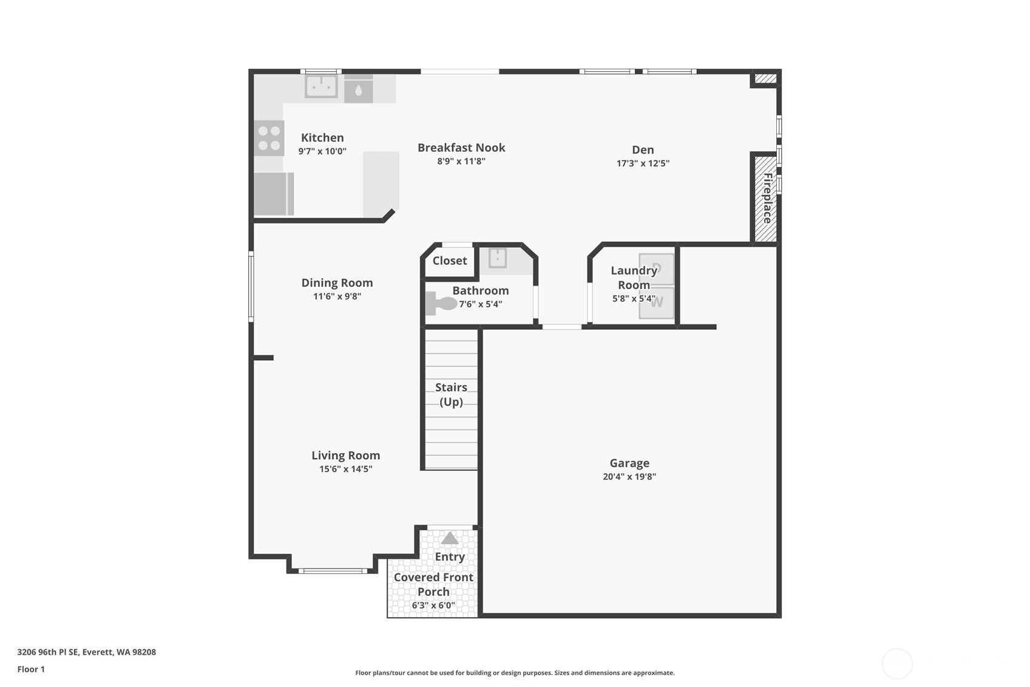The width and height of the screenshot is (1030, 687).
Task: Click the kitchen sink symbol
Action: (x=321, y=86)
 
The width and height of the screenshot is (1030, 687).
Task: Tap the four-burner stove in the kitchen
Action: (x=269, y=138)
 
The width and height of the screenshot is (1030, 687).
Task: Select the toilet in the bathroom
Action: (x=441, y=303)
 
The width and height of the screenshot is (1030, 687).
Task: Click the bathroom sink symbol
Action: (x=498, y=258)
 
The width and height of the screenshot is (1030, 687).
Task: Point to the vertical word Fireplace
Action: (x=767, y=198)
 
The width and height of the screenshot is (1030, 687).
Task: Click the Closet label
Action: (x=450, y=261)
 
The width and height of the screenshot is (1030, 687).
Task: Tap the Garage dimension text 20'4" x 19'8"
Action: (x=629, y=477)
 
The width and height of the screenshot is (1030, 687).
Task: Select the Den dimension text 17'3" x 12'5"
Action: (x=643, y=163)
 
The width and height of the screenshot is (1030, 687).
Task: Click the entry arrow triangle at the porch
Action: (x=450, y=538)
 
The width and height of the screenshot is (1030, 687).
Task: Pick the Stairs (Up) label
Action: (x=451, y=394)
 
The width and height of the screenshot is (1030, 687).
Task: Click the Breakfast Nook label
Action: (x=461, y=148)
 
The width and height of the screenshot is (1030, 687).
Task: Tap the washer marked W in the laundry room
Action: (x=657, y=302)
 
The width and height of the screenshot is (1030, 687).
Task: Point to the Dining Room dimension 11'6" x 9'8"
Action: (x=337, y=296)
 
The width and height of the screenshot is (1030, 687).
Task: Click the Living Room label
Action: (x=345, y=456)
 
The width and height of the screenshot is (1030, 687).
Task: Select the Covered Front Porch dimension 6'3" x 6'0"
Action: (x=433, y=606)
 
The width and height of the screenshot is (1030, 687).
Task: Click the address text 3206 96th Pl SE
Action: (x=86, y=652)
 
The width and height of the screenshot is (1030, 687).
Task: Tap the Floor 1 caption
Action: (x=31, y=669)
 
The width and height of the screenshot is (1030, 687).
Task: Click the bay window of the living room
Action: (x=332, y=570)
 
